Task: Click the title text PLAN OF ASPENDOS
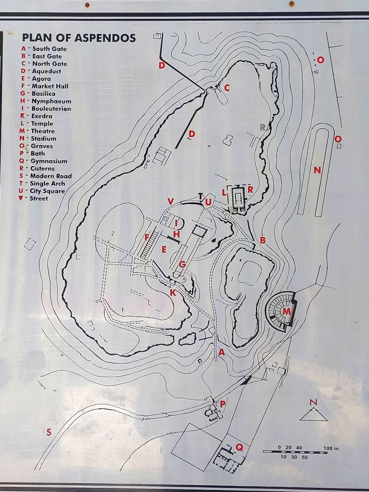[x=79, y=38]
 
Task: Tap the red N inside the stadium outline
[x=317, y=171]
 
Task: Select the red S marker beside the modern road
[x=48, y=432]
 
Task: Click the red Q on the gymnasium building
[x=239, y=447]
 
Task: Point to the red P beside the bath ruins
[x=223, y=404]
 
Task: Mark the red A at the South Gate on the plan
[x=221, y=352]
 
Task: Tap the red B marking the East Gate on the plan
[x=263, y=240]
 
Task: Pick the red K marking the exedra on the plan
[x=173, y=292]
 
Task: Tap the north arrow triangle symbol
[x=314, y=414]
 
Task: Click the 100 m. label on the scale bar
[x=331, y=448]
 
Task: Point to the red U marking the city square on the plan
[x=208, y=202]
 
